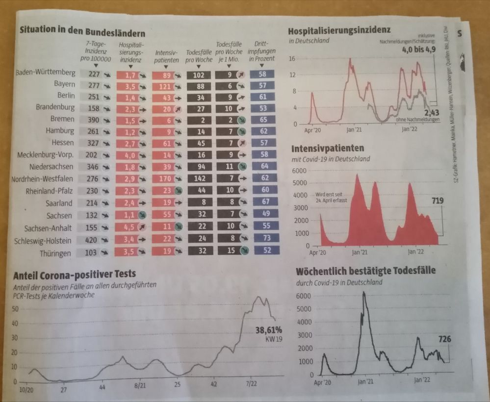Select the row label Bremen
[62, 119]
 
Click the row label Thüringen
[55, 253]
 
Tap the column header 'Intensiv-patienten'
[166, 55]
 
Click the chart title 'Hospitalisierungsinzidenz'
[339, 31]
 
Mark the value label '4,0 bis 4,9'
[418, 50]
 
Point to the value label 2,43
[431, 113]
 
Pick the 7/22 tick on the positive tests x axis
[251, 386]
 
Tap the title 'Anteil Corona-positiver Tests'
[75, 274]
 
